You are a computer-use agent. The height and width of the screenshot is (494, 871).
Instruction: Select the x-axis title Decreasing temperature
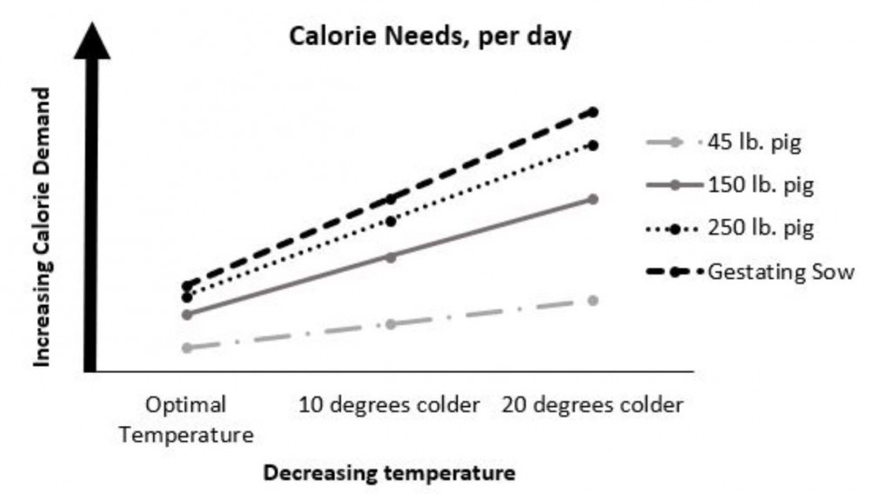coord(389,473)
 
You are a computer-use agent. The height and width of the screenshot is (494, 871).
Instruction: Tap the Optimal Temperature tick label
coord(186,419)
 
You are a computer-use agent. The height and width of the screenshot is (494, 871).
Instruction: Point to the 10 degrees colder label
coord(389,405)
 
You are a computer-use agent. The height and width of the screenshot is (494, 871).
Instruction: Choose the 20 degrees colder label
coord(592,405)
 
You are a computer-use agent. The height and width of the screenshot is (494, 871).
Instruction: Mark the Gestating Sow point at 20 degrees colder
coord(593,112)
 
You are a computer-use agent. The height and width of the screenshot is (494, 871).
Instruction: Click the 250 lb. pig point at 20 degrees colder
coord(593,145)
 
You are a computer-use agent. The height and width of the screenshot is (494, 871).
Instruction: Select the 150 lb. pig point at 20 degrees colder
coord(593,199)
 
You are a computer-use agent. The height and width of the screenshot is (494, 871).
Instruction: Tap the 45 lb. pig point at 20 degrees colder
coord(593,301)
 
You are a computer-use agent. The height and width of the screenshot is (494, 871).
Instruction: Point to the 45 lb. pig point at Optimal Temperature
coord(186,348)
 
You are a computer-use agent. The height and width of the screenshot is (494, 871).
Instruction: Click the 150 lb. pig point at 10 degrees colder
coord(390,257)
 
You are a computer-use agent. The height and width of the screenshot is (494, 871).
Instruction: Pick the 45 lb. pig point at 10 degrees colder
coord(390,324)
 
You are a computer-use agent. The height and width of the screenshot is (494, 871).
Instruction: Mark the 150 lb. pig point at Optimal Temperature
coord(186,314)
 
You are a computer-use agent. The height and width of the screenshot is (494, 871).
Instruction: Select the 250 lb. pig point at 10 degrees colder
coord(391,221)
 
